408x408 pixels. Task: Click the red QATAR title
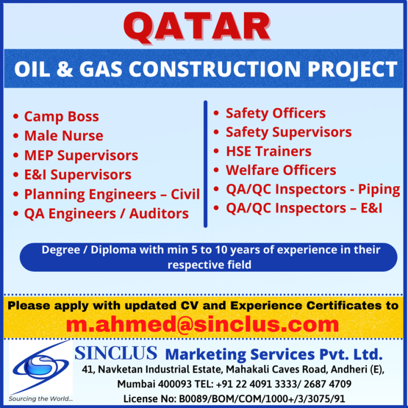pyautogui.click(x=197, y=28)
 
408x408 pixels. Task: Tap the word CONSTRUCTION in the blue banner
pyautogui.click(x=215, y=69)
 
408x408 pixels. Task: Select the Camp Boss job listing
pyautogui.click(x=62, y=116)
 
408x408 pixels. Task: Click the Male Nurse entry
pyautogui.click(x=64, y=135)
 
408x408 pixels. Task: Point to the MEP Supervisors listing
pyautogui.click(x=81, y=155)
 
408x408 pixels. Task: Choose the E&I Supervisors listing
pyautogui.click(x=78, y=175)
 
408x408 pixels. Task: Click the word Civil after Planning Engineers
pyautogui.click(x=185, y=194)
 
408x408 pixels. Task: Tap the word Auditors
pyautogui.click(x=159, y=213)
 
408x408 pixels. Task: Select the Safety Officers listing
pyautogui.click(x=276, y=114)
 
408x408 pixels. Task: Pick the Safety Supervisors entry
pyautogui.click(x=288, y=132)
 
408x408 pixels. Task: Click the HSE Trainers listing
pyautogui.click(x=268, y=151)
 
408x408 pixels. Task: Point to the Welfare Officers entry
pyautogui.click(x=281, y=170)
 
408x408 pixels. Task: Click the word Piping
pyautogui.click(x=379, y=190)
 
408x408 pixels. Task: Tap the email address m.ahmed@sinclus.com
pyautogui.click(x=202, y=324)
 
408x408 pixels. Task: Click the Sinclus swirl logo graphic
pyautogui.click(x=40, y=367)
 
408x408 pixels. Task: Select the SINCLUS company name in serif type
pyautogui.click(x=116, y=353)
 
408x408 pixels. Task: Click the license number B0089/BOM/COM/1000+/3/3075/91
pyautogui.click(x=262, y=399)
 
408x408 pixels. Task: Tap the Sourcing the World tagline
pyautogui.click(x=40, y=399)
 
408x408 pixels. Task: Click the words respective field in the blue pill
pyautogui.click(x=209, y=265)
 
